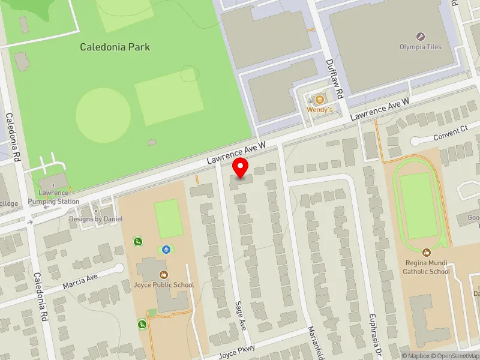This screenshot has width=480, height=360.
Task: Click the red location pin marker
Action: pyautogui.click(x=241, y=168)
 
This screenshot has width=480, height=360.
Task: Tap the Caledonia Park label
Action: pyautogui.click(x=115, y=47)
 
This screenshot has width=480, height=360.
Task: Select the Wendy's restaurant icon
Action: pyautogui.click(x=320, y=99)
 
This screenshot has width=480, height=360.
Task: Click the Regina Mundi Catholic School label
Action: pyautogui.click(x=426, y=268)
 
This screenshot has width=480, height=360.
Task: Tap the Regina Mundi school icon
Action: pyautogui.click(x=426, y=253)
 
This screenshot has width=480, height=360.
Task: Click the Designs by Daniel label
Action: pyautogui.click(x=96, y=219)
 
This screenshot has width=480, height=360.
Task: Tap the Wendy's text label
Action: pyautogui.click(x=319, y=110)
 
